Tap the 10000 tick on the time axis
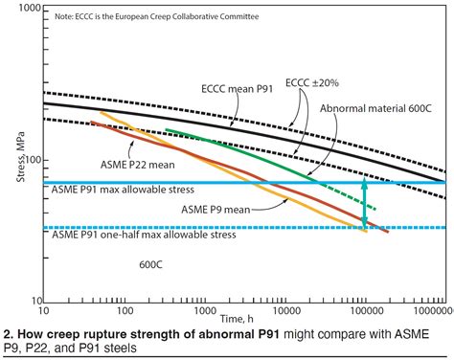tap(283, 310)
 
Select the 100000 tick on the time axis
tap(363, 310)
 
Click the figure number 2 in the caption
tap(7, 334)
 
